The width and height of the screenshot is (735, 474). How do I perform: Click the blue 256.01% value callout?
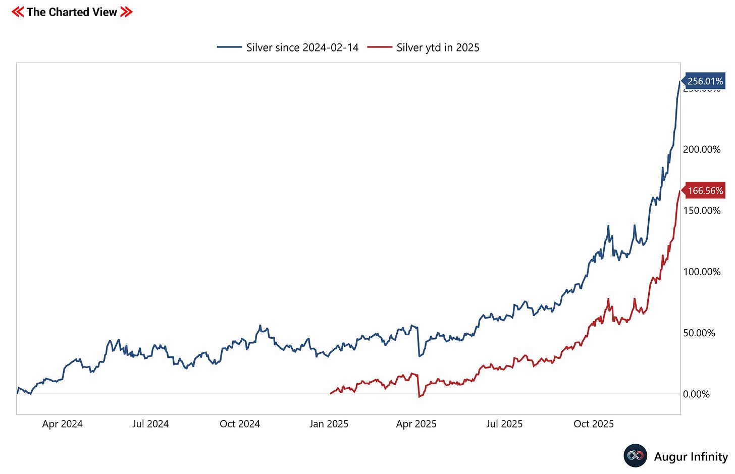pos(705,81)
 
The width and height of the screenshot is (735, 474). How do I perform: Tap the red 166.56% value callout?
pos(705,191)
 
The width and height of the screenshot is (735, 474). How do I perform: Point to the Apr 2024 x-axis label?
pos(62,424)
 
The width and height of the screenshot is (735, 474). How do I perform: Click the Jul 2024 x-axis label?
pos(150,424)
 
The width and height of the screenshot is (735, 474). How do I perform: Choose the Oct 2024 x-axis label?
pos(240,424)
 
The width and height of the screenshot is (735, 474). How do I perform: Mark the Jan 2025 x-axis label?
pos(329,424)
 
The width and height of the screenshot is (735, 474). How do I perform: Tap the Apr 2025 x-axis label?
pos(416,424)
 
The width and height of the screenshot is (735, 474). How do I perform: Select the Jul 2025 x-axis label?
pos(504,424)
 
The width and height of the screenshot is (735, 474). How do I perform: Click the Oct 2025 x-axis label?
pos(594,424)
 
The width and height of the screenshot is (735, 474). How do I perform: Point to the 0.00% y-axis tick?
pos(696,394)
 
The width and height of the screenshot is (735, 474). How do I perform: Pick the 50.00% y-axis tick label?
pos(699,333)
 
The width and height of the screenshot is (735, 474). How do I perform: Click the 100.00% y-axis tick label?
pos(701,272)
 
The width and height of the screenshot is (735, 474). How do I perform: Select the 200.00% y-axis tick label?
pos(701,150)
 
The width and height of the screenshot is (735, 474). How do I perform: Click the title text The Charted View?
pos(72,12)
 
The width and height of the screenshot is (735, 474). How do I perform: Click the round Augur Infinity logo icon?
pos(635,456)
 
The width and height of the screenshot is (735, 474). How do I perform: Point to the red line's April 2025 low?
pos(419,397)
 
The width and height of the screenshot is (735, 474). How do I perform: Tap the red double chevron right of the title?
pos(127,12)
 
